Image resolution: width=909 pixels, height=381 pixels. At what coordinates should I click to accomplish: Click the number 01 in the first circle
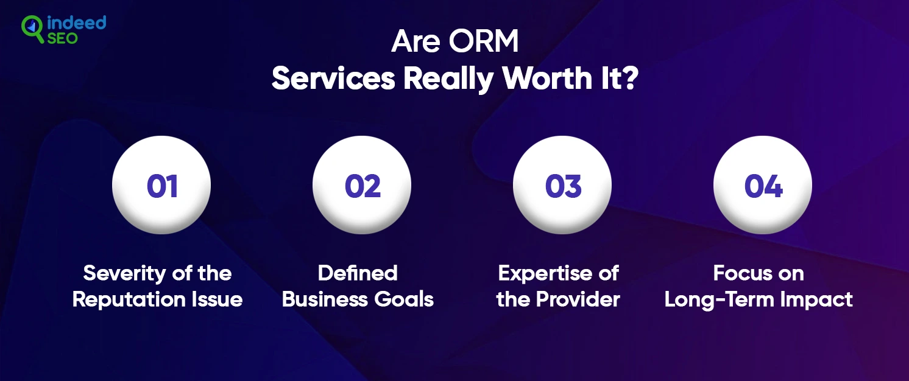162,186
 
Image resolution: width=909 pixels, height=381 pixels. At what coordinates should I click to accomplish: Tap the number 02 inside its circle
363,186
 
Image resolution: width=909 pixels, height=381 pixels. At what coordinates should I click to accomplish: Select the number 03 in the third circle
564,186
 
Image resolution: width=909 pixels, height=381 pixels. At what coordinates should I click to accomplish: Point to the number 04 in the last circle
763,186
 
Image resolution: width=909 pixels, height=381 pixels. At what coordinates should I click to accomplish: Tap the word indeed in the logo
76,23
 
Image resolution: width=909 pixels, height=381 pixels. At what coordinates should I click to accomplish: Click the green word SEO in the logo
62,38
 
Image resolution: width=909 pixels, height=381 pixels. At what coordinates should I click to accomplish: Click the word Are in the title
416,41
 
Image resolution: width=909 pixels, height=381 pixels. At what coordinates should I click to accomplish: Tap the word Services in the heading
333,79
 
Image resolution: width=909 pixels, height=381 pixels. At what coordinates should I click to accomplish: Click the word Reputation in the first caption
129,300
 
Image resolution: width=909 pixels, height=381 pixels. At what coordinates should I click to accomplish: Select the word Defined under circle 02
358,273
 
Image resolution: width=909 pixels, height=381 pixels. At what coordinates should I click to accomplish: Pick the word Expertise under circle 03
545,274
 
